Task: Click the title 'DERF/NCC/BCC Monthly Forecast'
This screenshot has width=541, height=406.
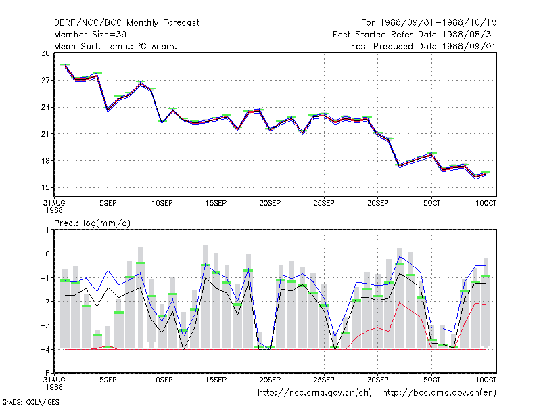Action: [126, 23]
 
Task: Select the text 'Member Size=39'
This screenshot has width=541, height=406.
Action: [90, 35]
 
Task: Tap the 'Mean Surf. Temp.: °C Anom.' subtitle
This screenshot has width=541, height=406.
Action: [116, 46]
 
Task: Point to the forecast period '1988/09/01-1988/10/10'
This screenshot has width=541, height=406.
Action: [438, 23]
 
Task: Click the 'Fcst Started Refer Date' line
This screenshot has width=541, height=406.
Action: [385, 35]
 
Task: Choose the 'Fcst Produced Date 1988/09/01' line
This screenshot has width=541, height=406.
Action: [424, 46]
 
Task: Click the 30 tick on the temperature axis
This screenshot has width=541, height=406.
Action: [45, 53]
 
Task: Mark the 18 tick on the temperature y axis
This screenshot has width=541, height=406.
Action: [45, 161]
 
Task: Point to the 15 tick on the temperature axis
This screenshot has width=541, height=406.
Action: [45, 188]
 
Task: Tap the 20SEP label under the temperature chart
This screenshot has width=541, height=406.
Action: [270, 204]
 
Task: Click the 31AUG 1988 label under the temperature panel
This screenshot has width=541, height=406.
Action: [54, 206]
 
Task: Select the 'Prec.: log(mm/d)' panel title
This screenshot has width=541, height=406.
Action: [92, 223]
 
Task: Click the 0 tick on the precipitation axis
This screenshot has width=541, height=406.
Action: [47, 254]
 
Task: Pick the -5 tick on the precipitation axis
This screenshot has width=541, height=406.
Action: [45, 374]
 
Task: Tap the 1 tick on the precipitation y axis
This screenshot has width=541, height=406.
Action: [47, 230]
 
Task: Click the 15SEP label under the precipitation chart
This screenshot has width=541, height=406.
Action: [216, 380]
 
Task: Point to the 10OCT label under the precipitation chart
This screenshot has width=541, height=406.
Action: [486, 380]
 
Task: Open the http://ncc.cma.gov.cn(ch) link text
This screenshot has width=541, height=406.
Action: [314, 393]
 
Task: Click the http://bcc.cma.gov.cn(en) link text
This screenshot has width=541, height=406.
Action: [439, 393]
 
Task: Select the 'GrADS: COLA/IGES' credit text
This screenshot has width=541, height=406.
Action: [30, 402]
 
